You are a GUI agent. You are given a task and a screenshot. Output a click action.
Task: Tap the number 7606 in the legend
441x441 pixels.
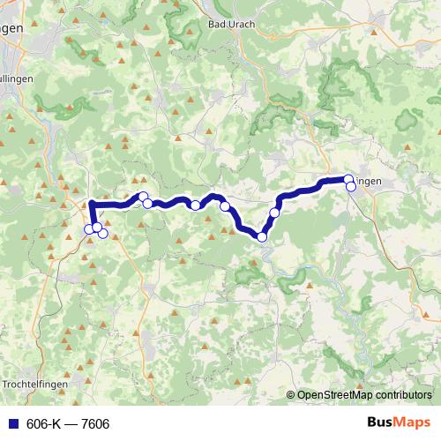[94, 424]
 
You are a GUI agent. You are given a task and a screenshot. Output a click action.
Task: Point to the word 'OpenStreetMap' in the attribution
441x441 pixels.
[332, 395]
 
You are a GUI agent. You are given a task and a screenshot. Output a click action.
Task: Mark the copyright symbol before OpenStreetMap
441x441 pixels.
[292, 395]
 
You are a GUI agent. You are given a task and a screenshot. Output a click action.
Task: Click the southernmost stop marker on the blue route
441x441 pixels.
[262, 236]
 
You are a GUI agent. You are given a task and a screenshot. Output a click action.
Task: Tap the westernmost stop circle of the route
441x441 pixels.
[89, 230]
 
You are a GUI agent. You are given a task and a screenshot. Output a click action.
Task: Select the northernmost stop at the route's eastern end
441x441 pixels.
[348, 179]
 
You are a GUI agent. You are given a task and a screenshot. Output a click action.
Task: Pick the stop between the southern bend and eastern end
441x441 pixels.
[275, 213]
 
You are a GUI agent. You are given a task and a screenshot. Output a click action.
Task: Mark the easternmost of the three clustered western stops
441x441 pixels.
[102, 233]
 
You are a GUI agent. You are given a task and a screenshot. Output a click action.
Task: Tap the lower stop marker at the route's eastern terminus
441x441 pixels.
[351, 186]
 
